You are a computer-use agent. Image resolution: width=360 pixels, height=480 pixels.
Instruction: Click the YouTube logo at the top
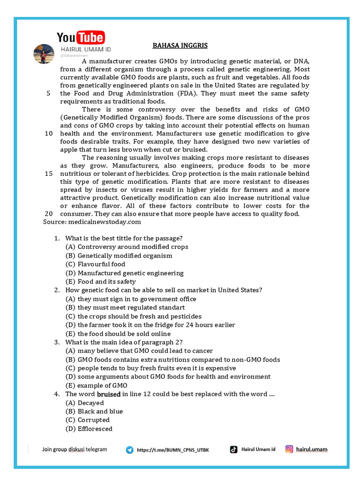click(x=81, y=37)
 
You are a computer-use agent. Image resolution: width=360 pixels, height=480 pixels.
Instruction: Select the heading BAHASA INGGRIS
click(x=180, y=45)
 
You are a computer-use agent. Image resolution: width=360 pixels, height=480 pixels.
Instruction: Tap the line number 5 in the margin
click(x=49, y=93)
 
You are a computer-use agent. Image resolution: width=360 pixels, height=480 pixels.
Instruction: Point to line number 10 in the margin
click(x=49, y=133)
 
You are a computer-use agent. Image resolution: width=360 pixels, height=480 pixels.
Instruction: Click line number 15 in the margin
click(x=49, y=173)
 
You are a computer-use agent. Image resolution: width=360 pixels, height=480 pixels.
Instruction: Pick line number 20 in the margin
click(x=49, y=213)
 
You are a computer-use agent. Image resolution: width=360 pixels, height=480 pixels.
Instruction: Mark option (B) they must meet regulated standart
click(x=125, y=307)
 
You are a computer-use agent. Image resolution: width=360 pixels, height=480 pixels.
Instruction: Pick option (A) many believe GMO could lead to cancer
click(x=139, y=351)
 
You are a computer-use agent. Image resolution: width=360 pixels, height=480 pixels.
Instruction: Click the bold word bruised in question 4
click(x=109, y=394)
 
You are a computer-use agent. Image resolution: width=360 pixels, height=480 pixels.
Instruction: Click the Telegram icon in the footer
click(x=129, y=450)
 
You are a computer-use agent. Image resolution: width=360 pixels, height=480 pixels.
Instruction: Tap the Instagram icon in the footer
click(x=289, y=449)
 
